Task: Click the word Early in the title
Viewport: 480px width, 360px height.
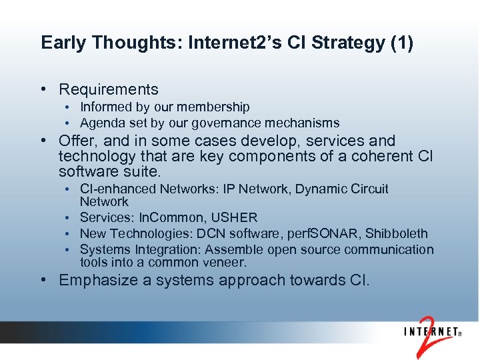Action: [63, 43]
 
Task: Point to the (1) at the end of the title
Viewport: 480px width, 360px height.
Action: [400, 43]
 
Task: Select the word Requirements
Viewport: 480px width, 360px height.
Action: [109, 89]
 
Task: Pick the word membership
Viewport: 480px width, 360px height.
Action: [217, 107]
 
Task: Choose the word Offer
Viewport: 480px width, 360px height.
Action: [77, 141]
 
